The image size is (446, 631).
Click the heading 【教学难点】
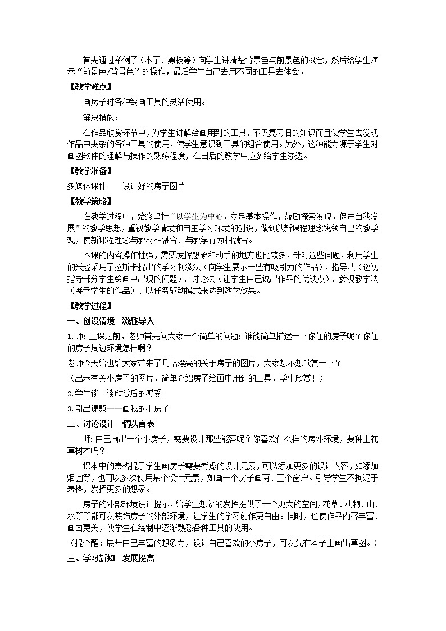point(89,87)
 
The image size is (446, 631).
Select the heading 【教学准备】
point(89,171)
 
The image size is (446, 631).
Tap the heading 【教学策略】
point(89,201)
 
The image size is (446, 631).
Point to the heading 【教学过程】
point(89,306)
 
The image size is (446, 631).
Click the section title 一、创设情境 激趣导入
point(110,321)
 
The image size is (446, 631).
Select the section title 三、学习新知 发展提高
point(111,558)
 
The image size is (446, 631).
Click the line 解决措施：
point(101,117)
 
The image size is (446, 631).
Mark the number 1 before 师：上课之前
point(69,336)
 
